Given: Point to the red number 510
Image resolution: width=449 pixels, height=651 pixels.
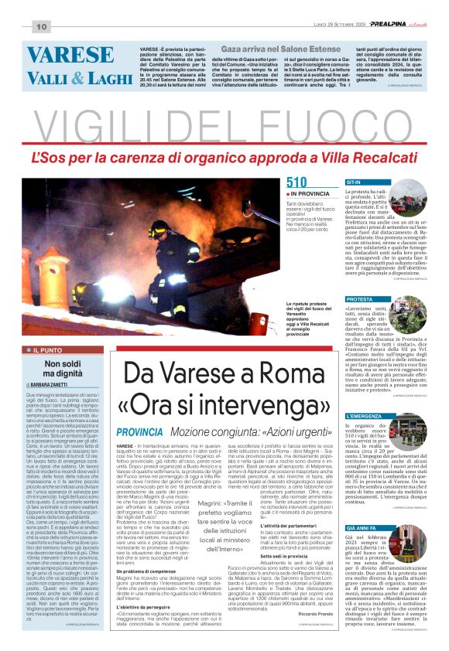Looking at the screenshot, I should pos(296,182).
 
